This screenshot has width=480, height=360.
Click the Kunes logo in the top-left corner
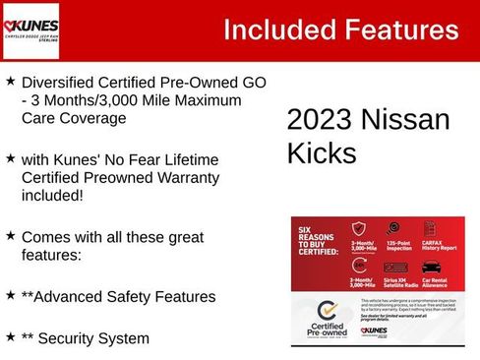(x=31, y=30)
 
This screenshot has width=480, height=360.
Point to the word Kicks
(x=320, y=153)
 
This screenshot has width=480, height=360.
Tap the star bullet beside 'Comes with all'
(x=10, y=236)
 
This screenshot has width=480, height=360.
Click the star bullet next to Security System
(x=10, y=336)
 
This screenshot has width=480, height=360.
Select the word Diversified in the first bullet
(x=62, y=82)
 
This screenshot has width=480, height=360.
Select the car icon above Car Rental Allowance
(x=431, y=266)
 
